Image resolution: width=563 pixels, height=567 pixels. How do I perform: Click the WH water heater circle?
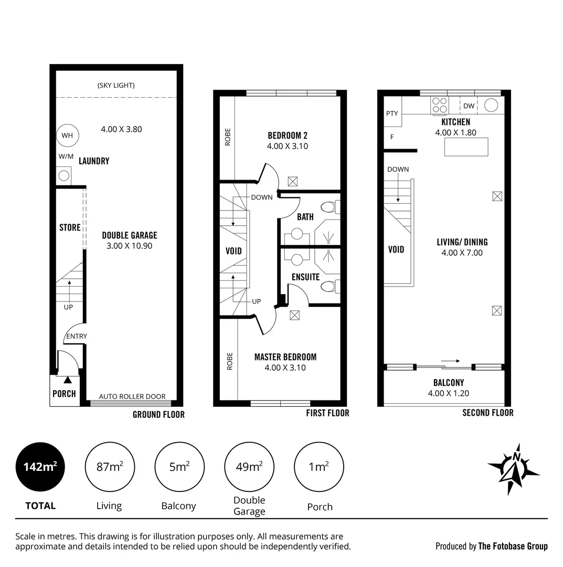[x=67, y=135]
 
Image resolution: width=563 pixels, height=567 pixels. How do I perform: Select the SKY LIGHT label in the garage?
[x=116, y=85]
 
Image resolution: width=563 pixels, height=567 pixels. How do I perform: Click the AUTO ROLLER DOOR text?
[x=132, y=396]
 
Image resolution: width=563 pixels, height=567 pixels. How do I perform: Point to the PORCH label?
[x=64, y=393]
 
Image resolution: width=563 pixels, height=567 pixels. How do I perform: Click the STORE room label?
[x=70, y=227]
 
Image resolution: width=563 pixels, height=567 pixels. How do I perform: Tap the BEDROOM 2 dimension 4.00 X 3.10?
[x=287, y=146]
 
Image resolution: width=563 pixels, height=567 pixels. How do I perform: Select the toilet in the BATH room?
[x=330, y=207]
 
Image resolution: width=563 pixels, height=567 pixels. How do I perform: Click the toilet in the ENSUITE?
[x=330, y=287]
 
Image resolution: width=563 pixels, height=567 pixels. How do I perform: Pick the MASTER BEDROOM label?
[x=285, y=357]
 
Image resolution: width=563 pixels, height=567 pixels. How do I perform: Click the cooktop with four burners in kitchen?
[x=440, y=106]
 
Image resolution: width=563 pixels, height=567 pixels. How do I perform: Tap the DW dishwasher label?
[x=469, y=106]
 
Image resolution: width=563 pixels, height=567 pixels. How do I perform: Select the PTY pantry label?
[x=392, y=113]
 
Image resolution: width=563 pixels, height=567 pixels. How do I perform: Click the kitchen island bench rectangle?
[x=466, y=146]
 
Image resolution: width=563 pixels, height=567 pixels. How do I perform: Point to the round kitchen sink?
[x=491, y=105]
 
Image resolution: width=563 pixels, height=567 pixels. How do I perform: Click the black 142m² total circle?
[x=40, y=467]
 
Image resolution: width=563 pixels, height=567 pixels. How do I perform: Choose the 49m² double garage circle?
[x=249, y=467]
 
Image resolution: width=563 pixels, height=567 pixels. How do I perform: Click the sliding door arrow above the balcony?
[x=450, y=361]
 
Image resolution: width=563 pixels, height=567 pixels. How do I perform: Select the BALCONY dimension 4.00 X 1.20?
[x=448, y=393]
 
